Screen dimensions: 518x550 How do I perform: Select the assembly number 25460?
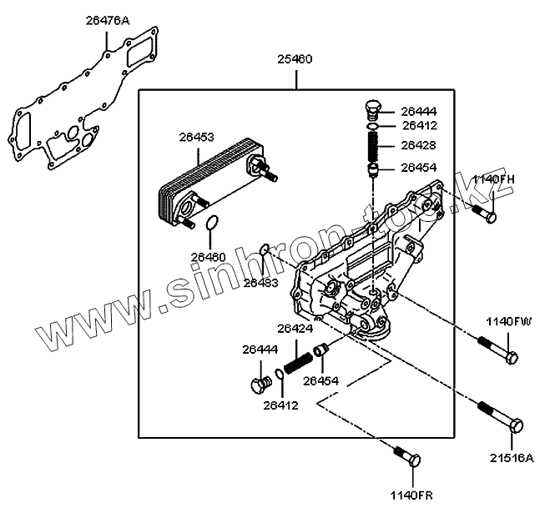[x=295, y=60]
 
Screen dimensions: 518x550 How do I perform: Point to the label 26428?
[x=418, y=145]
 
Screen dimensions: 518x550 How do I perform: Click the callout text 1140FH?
[x=493, y=180]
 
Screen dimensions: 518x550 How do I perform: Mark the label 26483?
[x=260, y=283]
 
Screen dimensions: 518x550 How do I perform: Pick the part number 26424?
[x=295, y=329]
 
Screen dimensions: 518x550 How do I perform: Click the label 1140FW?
[x=508, y=321]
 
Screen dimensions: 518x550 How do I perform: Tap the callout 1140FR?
[x=411, y=495]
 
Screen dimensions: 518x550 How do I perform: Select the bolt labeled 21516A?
[x=501, y=416]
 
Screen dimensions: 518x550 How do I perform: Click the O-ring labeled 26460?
[x=213, y=223]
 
